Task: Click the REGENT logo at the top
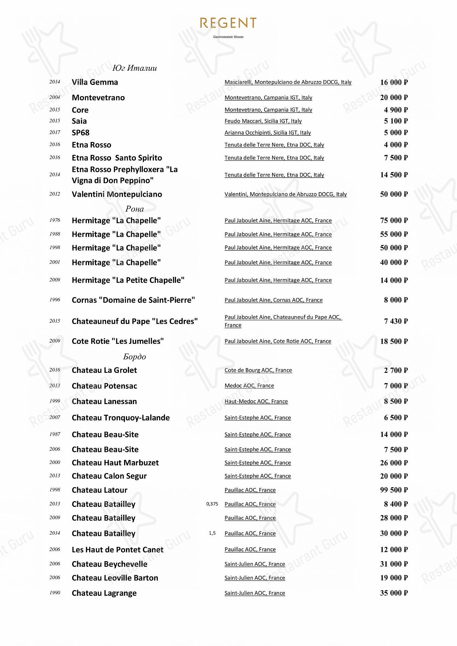[x=228, y=23]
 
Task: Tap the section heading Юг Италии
[x=134, y=68]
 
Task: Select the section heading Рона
[x=134, y=209]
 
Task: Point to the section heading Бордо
[x=134, y=357]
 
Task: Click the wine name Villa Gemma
[x=95, y=82]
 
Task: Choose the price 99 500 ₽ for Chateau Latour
[x=394, y=490]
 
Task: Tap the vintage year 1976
[x=55, y=220]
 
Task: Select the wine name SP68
[x=81, y=133]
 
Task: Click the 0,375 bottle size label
[x=212, y=504]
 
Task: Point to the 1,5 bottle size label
[x=212, y=533]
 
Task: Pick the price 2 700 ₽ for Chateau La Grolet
[x=396, y=370]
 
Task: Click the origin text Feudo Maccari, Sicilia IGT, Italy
[x=263, y=121]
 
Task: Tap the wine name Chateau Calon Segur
[x=109, y=476]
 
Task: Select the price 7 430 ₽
[x=396, y=321]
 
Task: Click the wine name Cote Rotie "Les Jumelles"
[x=118, y=341]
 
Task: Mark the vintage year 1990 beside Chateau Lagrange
[x=55, y=593]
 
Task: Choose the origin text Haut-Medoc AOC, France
[x=256, y=402]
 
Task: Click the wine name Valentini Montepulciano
[x=117, y=194]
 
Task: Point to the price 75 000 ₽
[x=394, y=220]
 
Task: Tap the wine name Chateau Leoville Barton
[x=115, y=578]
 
